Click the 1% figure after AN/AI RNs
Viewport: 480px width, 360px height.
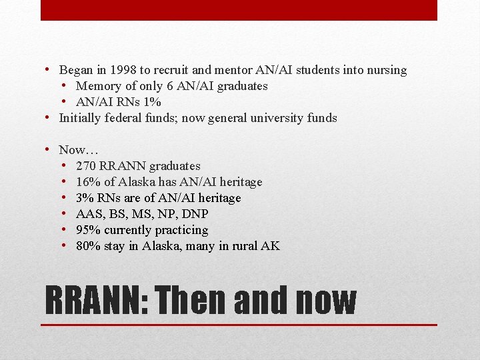pyautogui.click(x=152, y=102)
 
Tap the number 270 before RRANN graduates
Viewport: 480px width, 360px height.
pyautogui.click(x=86, y=166)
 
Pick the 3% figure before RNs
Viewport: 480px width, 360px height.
pyautogui.click(x=84, y=198)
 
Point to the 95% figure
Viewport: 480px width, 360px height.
pyautogui.click(x=87, y=230)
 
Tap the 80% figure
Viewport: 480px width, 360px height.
pyautogui.click(x=87, y=246)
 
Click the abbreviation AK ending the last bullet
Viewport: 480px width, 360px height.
pyautogui.click(x=271, y=246)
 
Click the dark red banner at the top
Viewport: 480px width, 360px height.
pyautogui.click(x=239, y=10)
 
